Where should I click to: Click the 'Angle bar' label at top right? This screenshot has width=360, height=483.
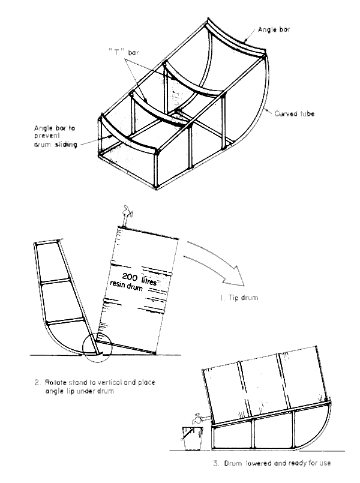point(274,28)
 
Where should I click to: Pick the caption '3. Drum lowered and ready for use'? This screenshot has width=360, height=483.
point(271,463)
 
